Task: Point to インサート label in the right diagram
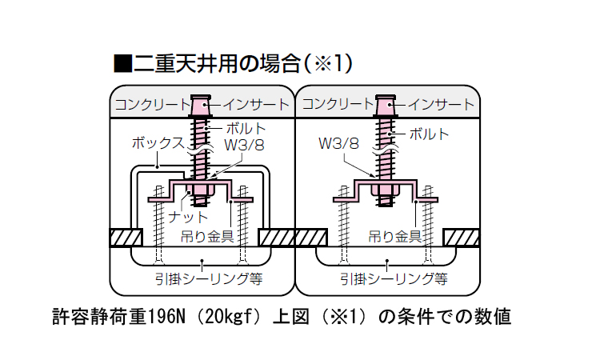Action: click(x=442, y=104)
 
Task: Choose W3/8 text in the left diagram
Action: click(x=244, y=145)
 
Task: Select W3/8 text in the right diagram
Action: click(x=338, y=144)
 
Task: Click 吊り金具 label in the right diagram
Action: click(x=394, y=236)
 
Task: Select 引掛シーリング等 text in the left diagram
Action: click(x=210, y=279)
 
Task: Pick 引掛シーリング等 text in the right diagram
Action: click(x=393, y=279)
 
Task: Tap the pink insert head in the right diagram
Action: click(x=386, y=105)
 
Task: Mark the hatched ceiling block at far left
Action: click(x=126, y=238)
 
